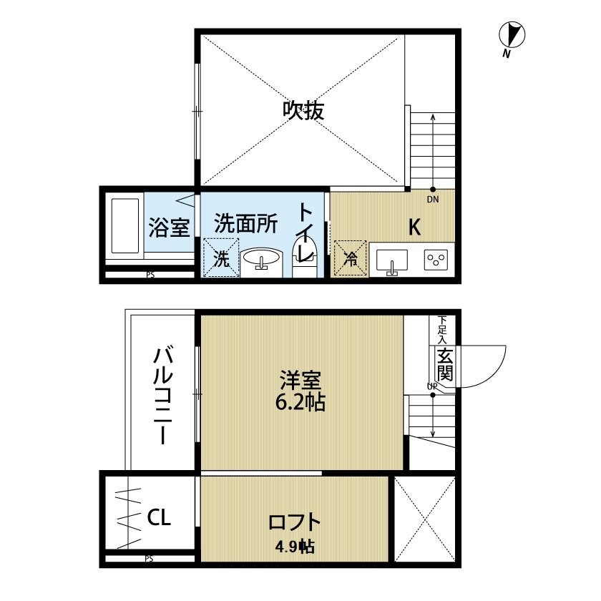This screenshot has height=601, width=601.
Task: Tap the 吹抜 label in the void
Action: pos(303,110)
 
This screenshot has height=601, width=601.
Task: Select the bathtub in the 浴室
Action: pos(124,226)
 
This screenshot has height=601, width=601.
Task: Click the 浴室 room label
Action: pos(169,227)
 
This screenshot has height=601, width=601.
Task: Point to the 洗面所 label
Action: pos(245,223)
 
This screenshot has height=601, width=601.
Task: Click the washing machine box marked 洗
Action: pos(221,258)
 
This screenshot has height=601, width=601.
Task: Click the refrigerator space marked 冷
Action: pos(351,258)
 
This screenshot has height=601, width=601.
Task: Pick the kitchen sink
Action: pos(392,261)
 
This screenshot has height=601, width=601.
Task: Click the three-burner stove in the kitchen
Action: pos(436,260)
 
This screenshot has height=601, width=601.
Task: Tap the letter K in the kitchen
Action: pos(414,227)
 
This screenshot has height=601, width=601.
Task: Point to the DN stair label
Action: pos(433,200)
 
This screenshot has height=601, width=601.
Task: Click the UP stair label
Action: pos(432,386)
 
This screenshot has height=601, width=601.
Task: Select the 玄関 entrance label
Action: pos(445,364)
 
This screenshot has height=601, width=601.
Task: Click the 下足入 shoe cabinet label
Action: pos(443,330)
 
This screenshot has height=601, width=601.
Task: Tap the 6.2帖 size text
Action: pos(300,402)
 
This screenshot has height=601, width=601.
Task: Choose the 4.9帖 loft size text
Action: pos(295,546)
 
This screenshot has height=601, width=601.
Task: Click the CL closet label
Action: pos(159,517)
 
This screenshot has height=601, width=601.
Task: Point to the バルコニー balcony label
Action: pos(162,395)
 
